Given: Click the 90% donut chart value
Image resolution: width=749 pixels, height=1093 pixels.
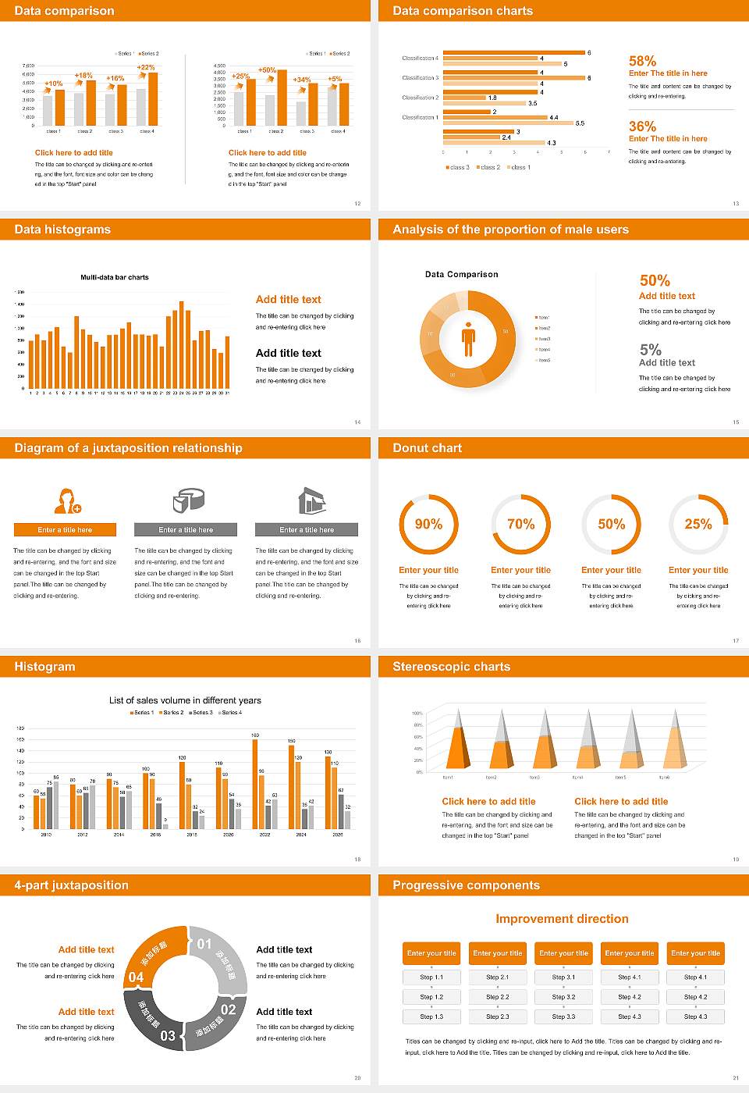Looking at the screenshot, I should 428,524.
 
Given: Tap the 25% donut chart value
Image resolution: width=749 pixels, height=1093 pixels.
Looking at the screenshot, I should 698,524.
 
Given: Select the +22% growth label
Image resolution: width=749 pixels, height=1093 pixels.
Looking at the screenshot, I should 146,68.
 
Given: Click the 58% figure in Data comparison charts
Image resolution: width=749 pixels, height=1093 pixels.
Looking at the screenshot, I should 642,61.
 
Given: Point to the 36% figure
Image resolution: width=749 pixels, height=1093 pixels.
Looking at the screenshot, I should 642,126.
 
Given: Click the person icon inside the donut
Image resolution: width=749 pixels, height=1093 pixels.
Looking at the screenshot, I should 468,339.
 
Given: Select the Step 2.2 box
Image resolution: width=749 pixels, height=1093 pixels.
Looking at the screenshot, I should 498,997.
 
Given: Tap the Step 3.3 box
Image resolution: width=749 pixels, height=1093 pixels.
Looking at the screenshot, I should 563,1016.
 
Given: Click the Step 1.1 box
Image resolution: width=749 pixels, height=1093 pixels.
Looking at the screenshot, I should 431,977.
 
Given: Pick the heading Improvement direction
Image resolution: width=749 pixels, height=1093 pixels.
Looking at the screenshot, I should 562,919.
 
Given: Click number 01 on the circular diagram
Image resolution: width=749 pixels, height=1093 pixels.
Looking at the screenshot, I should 204,944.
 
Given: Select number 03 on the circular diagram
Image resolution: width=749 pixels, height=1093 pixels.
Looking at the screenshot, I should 168,1036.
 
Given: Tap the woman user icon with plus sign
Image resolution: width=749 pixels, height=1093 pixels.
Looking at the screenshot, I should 67,500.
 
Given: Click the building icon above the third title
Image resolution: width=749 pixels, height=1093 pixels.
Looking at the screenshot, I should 311,500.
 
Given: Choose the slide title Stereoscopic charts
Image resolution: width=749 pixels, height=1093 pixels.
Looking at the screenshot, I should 451,667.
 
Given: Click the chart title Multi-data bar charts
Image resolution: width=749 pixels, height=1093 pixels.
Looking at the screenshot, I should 115,277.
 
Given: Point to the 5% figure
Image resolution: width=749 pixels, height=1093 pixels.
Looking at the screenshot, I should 650,350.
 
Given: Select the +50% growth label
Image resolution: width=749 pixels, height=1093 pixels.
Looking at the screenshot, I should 267,70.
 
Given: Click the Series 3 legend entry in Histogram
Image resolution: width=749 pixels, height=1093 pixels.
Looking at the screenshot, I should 200,712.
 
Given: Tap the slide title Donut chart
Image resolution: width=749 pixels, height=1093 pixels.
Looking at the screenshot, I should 427,448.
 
